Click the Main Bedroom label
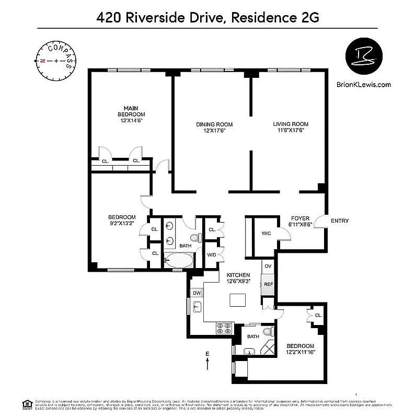pos(131,114)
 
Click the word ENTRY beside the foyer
pos(340,221)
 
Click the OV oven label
pos(268,266)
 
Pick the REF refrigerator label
pos(268,284)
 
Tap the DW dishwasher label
pos(197,293)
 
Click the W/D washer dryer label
pos(212,254)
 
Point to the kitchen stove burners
pos(224,328)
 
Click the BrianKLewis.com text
pos(365,84)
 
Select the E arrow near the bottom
pos(208,361)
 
